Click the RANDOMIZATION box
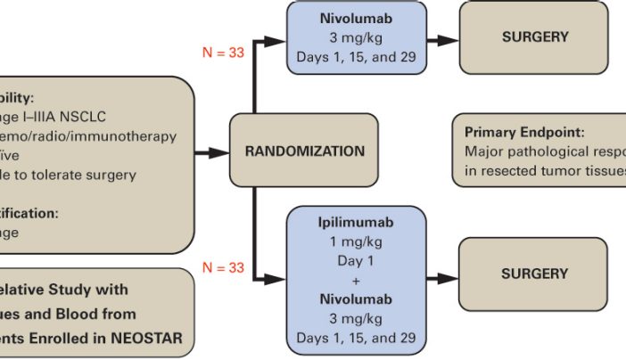click(305, 151)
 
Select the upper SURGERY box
click(534, 37)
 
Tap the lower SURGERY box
click(534, 274)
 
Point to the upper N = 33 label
click(223, 53)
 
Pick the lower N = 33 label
click(223, 267)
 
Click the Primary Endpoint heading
click(523, 132)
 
